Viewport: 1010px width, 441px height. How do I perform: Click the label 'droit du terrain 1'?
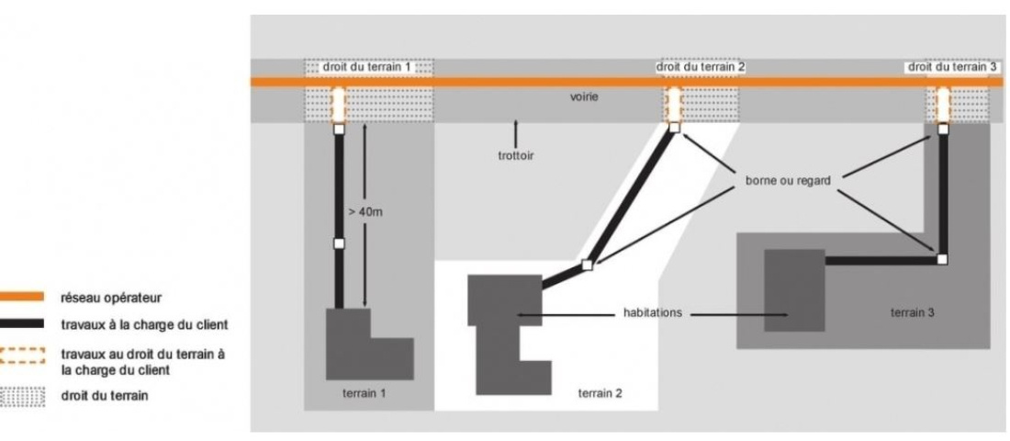tap(367, 68)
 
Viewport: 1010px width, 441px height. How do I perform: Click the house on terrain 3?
tap(794, 290)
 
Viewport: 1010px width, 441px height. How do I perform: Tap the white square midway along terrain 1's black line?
tap(338, 243)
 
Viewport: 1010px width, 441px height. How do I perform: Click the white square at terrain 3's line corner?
tap(941, 260)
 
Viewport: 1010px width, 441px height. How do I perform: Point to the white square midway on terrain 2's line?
tap(588, 266)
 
